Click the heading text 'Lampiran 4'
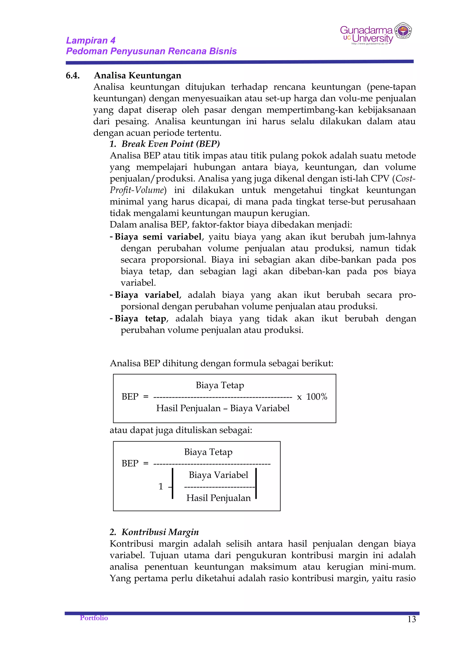91,40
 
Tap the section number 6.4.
73,76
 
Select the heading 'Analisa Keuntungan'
137,76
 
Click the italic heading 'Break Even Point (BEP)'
170,144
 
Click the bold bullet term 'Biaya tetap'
140,318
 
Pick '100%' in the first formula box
316,397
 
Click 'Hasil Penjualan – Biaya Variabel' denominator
223,408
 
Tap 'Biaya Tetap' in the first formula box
220,385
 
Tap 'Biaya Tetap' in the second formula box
208,452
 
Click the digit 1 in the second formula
161,486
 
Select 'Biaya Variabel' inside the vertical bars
218,475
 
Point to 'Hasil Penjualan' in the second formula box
218,498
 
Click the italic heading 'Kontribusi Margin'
160,532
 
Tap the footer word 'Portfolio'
94,618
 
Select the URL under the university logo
369,44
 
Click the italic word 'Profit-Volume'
137,190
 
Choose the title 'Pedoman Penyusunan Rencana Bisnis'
151,51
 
